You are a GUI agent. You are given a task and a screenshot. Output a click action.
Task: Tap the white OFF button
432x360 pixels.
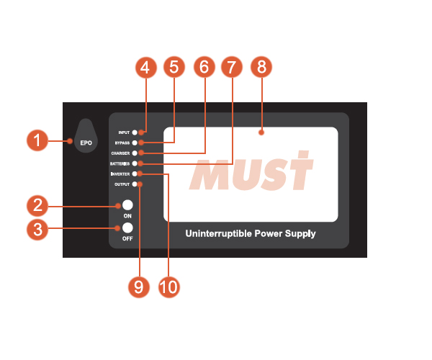coord(127,228)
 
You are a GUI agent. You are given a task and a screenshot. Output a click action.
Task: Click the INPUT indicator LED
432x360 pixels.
coord(144,133)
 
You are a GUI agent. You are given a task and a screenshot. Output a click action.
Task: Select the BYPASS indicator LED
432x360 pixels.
coord(144,143)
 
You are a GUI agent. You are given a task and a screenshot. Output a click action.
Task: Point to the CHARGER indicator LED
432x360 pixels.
coord(144,153)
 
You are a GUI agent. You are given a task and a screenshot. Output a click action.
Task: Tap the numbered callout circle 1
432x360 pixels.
coord(37,140)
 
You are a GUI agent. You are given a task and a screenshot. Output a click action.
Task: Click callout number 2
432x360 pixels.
coord(37,207)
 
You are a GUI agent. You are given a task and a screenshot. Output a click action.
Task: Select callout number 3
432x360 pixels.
coord(37,229)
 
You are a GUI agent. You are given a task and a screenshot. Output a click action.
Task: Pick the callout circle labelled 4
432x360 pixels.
coord(145,68)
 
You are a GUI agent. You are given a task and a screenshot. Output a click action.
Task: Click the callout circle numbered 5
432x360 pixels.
coord(174,68)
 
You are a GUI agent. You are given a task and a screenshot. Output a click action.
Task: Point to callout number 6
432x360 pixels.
coord(204,68)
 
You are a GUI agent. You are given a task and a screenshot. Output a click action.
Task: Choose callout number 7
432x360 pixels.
coord(232,68)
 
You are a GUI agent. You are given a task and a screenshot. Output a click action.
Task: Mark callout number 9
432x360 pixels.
coord(139,287)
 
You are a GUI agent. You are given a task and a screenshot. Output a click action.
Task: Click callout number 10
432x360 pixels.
coord(168,287)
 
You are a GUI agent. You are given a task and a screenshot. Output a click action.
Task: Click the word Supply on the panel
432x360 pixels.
coord(300,234)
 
